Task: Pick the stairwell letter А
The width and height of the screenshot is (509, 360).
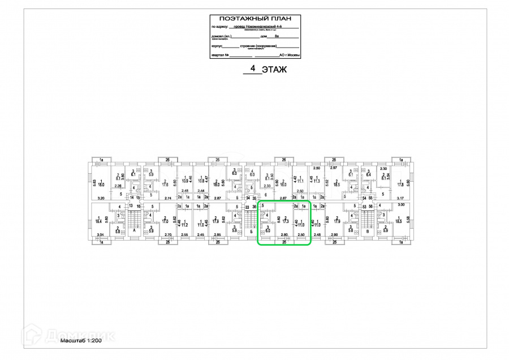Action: pos(135,231)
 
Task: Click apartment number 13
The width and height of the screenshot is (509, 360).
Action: pos(131,206)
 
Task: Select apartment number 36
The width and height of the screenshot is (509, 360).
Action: pos(255,207)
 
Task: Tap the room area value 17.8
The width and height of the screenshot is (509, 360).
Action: pos(400,185)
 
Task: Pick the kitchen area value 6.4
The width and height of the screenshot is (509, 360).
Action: pos(369,175)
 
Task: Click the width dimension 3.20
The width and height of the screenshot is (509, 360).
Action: pos(102,198)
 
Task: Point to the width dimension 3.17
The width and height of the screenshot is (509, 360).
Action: pos(402,198)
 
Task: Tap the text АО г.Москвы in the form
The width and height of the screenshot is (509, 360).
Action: pos(290,56)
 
